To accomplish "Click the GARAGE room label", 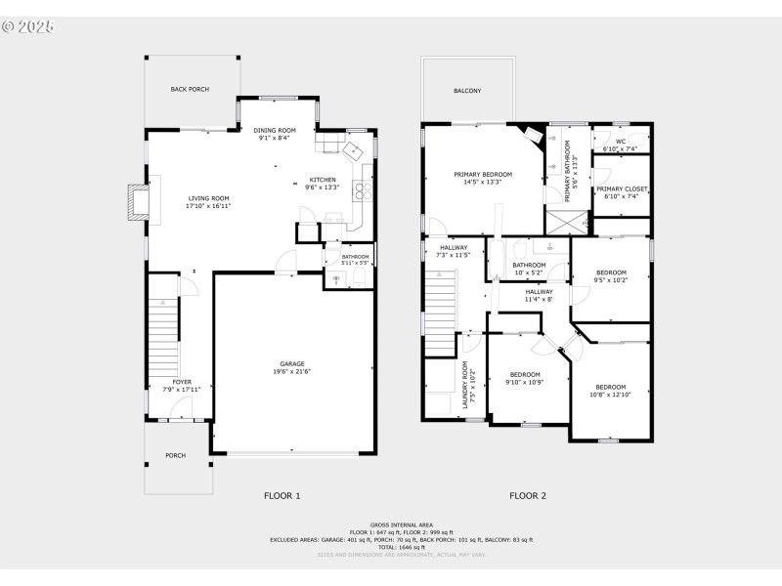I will (x=293, y=364).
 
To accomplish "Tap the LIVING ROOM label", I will (x=207, y=198).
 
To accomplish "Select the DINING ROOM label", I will (x=275, y=130).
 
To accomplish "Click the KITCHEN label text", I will (x=323, y=180).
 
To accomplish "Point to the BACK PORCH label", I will (x=191, y=89).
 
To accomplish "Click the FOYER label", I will (x=182, y=382).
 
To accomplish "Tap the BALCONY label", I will (x=467, y=91).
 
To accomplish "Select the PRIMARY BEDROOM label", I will (x=483, y=174).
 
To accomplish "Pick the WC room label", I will (x=621, y=142).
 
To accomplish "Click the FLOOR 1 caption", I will (x=282, y=496).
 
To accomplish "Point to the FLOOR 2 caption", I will (x=528, y=496).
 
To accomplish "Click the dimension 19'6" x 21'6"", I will (x=293, y=372).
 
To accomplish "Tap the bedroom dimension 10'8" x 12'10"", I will (x=611, y=395).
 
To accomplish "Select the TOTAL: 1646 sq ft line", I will (x=401, y=547).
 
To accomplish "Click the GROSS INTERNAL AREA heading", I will (x=401, y=524).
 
